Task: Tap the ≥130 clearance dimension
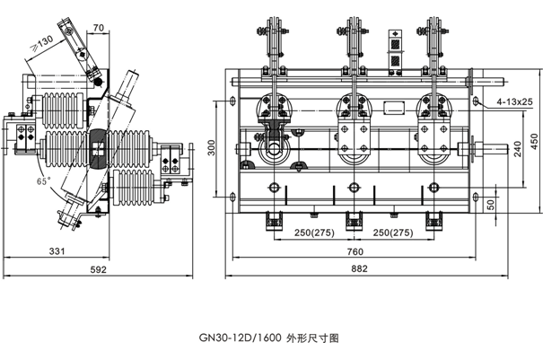click(x=41, y=42)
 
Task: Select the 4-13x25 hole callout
click(x=516, y=103)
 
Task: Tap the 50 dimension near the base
click(x=491, y=205)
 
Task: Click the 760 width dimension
click(x=355, y=252)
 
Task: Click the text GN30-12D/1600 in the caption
click(x=240, y=338)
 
